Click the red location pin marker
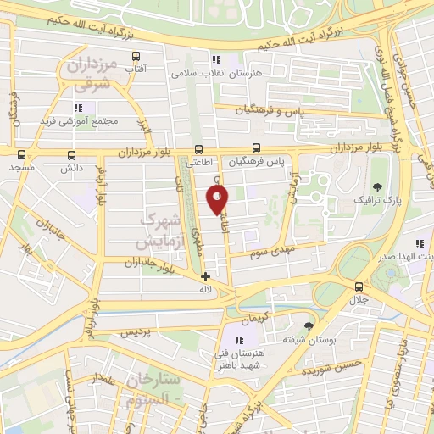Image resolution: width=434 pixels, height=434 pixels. point(218,200)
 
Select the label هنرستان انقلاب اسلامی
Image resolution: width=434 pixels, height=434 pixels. point(214,74)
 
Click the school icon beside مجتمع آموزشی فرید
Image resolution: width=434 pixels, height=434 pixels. point(79,108)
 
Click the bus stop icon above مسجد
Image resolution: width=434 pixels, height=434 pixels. point(21,155)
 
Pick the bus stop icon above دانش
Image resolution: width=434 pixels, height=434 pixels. point(71,155)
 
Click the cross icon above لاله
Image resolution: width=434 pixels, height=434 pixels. point(205,275)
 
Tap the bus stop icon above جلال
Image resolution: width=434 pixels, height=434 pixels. point(359,287)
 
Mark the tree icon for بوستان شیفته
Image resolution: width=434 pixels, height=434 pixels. point(308,325)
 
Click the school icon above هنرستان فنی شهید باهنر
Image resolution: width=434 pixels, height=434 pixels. point(226,339)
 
